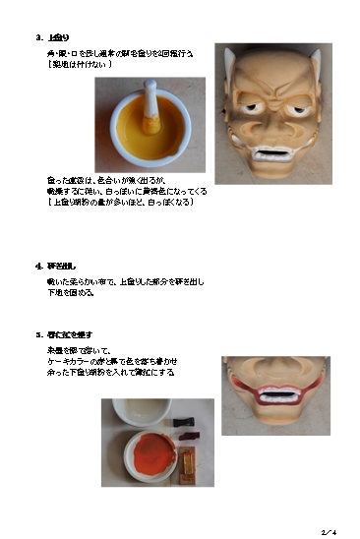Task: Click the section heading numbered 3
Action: pyautogui.click(x=52, y=37)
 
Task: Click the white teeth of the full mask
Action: pyautogui.click(x=271, y=155)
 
